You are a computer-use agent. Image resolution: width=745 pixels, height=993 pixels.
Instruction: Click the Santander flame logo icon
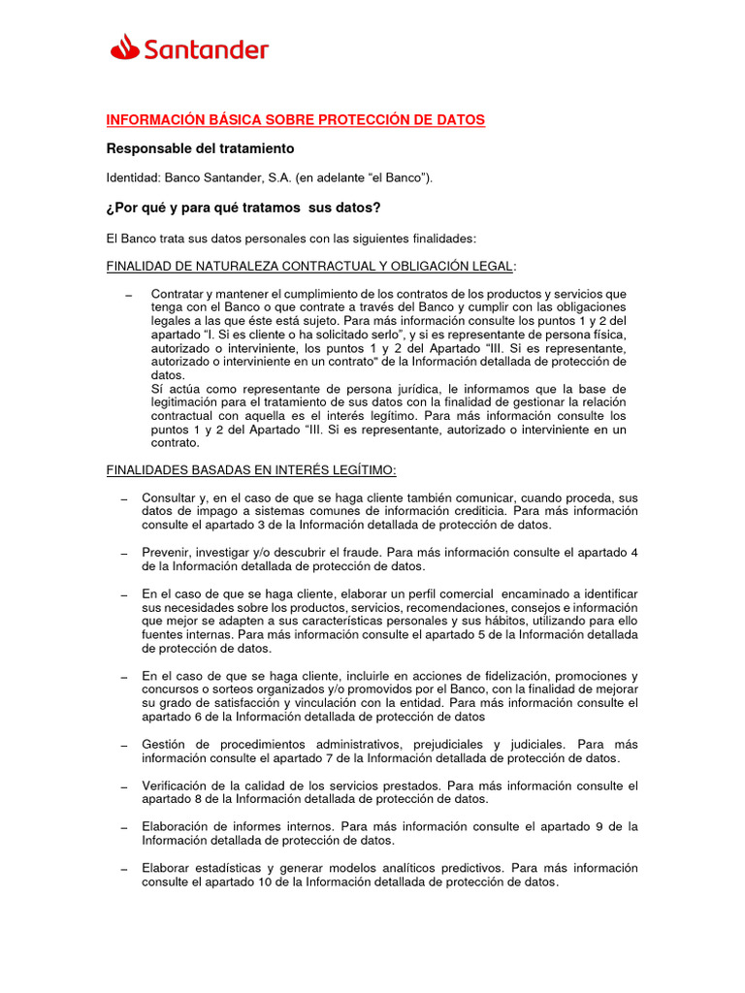[x=124, y=47]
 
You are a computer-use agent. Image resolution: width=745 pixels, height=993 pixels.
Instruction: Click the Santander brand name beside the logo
[x=206, y=48]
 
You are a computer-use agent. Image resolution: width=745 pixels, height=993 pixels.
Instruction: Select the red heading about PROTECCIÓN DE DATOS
[x=295, y=120]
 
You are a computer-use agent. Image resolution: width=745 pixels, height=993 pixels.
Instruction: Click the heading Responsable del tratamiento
[x=199, y=149]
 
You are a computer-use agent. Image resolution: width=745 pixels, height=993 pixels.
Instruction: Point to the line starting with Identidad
[x=270, y=178]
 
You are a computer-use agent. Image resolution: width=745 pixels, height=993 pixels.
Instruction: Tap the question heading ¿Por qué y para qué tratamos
[x=243, y=208]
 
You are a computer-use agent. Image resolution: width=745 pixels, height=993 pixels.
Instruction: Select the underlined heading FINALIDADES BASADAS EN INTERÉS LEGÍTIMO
[x=250, y=470]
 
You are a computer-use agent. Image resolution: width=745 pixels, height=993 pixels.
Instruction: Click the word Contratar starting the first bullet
[x=181, y=294]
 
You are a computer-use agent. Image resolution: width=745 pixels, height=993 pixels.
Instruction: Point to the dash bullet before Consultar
[x=123, y=498]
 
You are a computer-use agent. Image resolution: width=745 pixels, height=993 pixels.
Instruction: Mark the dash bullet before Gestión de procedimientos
[x=123, y=745]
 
